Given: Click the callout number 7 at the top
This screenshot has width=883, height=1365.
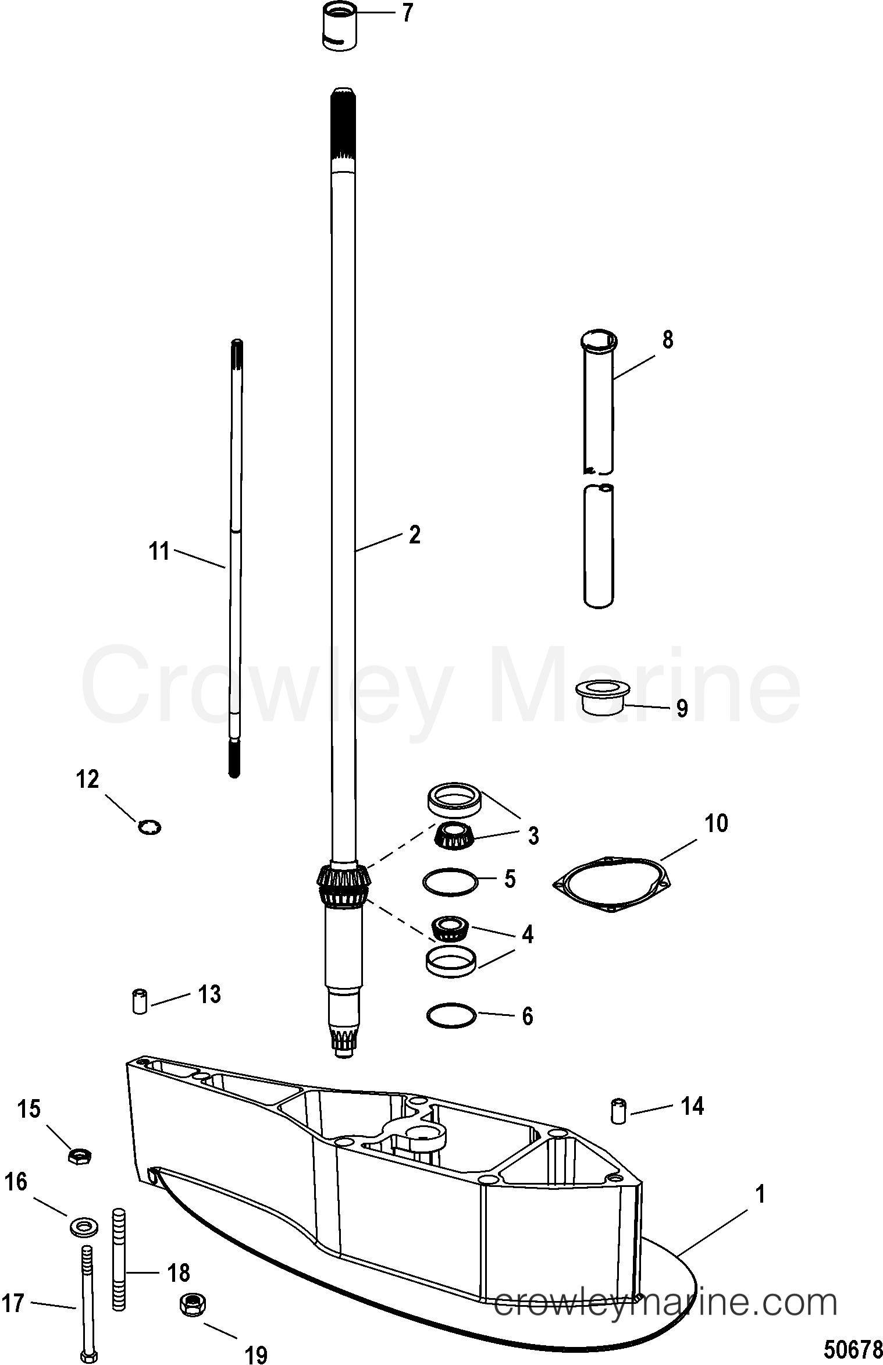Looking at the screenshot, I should [x=407, y=13].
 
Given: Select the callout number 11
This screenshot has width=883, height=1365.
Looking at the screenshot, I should [x=159, y=550].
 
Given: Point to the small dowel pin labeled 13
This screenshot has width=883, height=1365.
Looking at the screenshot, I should [x=140, y=1000].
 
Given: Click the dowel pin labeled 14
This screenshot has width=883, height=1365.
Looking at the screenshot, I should [x=618, y=1112].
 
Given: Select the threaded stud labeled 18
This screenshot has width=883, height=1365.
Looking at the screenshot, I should [x=119, y=1263].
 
